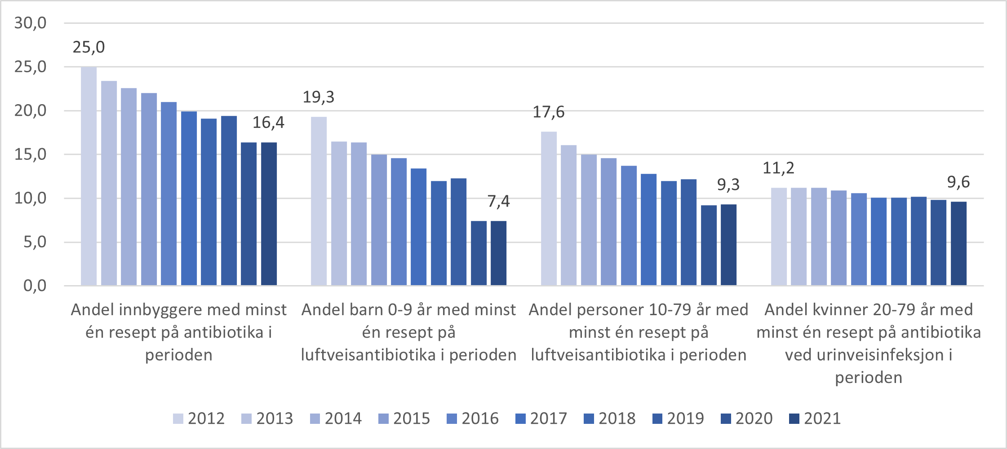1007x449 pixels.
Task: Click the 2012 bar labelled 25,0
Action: [x=89, y=176]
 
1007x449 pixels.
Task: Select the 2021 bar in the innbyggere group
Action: [x=269, y=214]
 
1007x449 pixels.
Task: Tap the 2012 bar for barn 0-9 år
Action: [x=319, y=201]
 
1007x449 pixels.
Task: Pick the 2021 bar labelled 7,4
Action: [x=498, y=253]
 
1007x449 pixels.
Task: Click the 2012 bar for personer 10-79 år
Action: [x=549, y=209]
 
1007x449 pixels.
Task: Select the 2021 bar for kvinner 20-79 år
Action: [x=958, y=243]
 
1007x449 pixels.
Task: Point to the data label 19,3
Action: [x=319, y=97]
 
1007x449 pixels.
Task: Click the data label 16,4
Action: [x=268, y=123]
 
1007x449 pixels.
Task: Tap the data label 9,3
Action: [x=728, y=185]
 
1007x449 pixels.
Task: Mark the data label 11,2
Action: [x=778, y=168]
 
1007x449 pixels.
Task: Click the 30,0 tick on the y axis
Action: [x=31, y=23]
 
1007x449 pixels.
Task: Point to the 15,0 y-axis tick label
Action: [x=31, y=154]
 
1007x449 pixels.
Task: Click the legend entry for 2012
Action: [x=199, y=418]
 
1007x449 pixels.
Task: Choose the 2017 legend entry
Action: [x=541, y=418]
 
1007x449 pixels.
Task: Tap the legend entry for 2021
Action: [x=815, y=418]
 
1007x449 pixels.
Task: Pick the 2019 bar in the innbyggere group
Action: [x=229, y=201]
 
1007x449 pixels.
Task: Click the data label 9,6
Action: [x=958, y=182]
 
